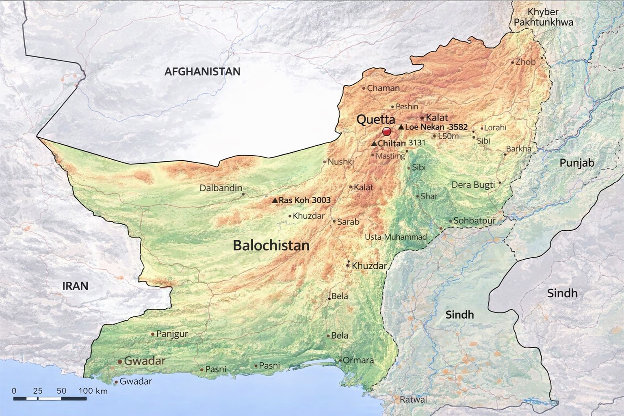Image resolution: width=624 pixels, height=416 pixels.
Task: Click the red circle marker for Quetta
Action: pyautogui.click(x=386, y=132)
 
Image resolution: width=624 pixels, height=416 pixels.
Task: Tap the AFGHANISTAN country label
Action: pyautogui.click(x=202, y=72)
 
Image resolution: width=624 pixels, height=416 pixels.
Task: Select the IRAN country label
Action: pyautogui.click(x=76, y=286)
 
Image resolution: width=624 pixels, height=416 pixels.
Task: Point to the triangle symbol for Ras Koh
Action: pyautogui.click(x=275, y=200)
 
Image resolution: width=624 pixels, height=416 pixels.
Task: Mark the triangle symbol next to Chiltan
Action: pyautogui.click(x=374, y=144)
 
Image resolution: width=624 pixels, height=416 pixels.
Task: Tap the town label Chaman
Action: pyautogui.click(x=383, y=88)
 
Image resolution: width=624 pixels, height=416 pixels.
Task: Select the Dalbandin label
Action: pyautogui.click(x=221, y=188)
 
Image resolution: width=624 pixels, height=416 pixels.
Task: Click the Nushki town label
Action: pyautogui.click(x=340, y=162)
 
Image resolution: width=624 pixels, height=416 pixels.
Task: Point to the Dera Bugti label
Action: pyautogui.click(x=473, y=185)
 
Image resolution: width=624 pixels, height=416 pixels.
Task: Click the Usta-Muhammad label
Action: pyautogui.click(x=396, y=237)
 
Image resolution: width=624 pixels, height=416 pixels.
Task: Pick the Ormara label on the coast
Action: pyautogui.click(x=358, y=360)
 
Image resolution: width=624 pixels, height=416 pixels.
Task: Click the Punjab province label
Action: pyautogui.click(x=577, y=163)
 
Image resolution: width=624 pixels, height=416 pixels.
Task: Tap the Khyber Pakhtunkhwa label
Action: pyautogui.click(x=543, y=17)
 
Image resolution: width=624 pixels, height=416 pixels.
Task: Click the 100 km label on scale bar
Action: pyautogui.click(x=93, y=391)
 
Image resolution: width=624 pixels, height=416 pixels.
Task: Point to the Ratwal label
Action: pyautogui.click(x=413, y=400)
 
